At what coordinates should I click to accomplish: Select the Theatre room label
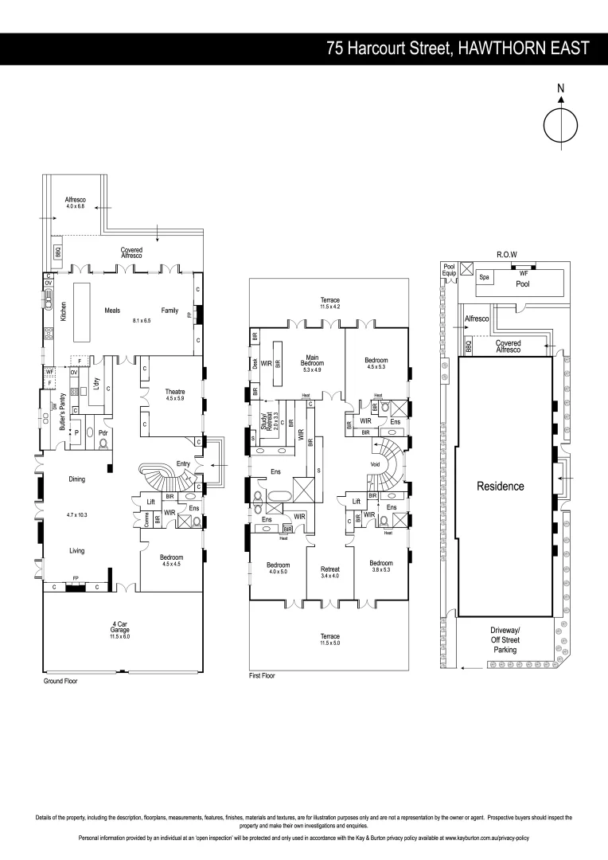[x=175, y=395]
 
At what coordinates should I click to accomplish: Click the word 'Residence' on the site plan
[x=500, y=485]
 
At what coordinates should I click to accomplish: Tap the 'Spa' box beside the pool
[x=484, y=278]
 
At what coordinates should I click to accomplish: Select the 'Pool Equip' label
[x=449, y=271]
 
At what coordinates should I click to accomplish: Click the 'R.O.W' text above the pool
[x=507, y=254]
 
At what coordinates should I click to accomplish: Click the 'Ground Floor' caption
[x=60, y=682]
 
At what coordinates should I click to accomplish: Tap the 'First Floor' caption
[x=262, y=675]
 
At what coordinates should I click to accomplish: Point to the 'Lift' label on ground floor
[x=151, y=502]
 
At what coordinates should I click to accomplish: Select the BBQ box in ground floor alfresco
[x=58, y=251]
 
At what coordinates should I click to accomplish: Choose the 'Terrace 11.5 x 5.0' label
[x=329, y=639]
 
